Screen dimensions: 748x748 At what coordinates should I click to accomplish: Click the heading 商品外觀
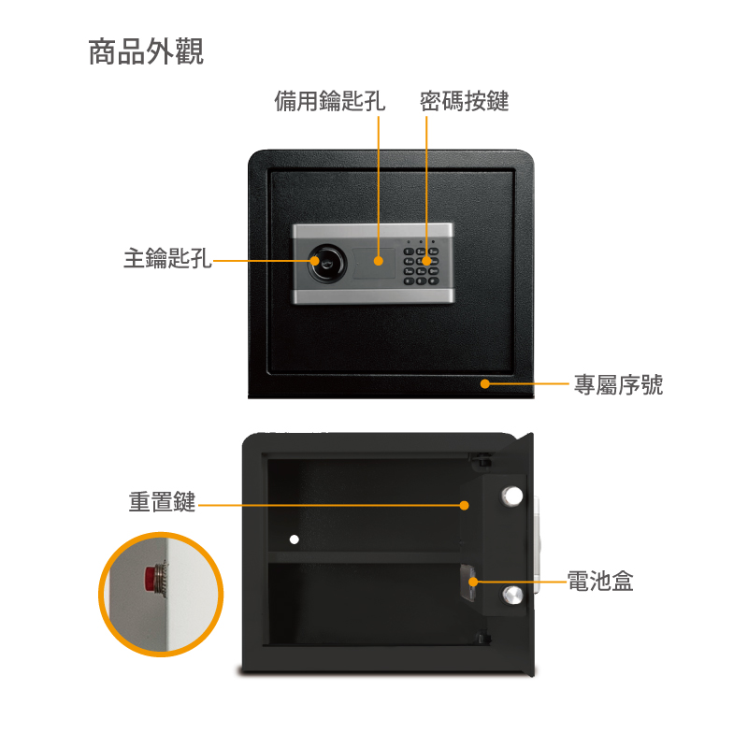146,51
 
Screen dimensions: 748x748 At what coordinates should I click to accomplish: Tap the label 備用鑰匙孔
330,101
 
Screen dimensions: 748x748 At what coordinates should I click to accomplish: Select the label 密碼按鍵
464,101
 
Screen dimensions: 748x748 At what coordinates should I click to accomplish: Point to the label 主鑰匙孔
167,258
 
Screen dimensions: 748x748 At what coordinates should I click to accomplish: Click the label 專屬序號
618,384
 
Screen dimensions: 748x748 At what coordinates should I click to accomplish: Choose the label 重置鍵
162,502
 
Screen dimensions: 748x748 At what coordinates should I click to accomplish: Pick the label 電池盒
600,581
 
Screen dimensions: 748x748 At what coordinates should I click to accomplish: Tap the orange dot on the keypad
426,261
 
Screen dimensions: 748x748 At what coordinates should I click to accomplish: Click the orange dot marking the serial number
485,383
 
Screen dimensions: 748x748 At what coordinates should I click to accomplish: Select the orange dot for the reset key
464,505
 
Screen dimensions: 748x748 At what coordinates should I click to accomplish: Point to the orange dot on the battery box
473,582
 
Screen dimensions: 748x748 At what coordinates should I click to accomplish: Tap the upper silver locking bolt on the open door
511,496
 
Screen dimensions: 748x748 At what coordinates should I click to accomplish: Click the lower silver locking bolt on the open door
512,596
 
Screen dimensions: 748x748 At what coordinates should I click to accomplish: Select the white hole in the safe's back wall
295,539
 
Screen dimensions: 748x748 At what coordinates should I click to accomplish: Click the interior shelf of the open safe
364,556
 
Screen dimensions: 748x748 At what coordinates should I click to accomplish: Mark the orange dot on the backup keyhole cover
379,261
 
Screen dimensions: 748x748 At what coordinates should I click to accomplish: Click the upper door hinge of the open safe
481,460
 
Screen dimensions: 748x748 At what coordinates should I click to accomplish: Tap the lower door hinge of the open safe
483,638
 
